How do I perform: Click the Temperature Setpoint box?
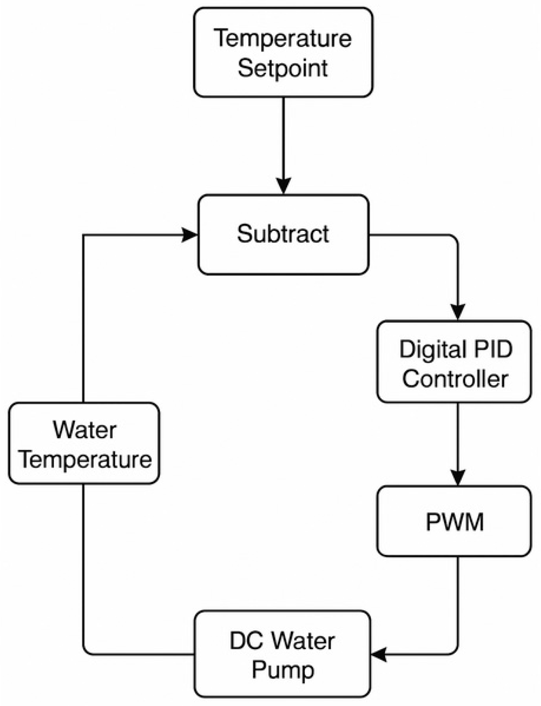click(283, 52)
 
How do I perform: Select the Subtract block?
click(283, 235)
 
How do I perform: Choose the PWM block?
click(454, 521)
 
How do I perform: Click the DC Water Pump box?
click(282, 654)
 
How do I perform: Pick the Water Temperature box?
click(84, 444)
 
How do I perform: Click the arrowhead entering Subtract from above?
click(283, 186)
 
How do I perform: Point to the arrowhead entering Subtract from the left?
click(190, 235)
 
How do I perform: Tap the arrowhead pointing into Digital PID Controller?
click(458, 313)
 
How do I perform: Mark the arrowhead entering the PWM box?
click(458, 478)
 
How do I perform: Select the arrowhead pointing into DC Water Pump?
click(379, 654)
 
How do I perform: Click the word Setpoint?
click(282, 68)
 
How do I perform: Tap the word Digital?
click(426, 349)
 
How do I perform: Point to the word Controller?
click(455, 379)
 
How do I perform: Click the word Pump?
click(283, 670)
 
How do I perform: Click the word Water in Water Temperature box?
click(85, 430)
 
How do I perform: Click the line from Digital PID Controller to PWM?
click(458, 436)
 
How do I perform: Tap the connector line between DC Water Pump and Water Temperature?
click(83, 573)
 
